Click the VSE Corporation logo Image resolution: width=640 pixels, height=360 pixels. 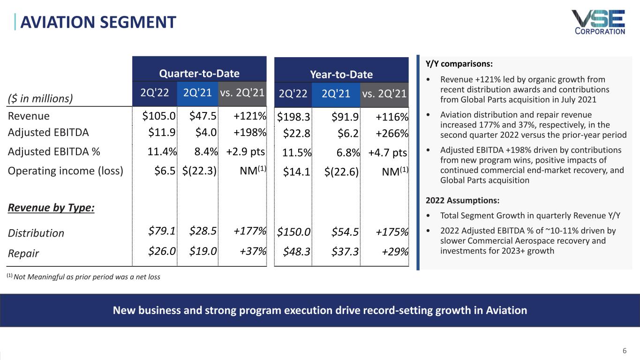(x=598, y=22)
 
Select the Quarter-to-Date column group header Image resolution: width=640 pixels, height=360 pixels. (x=200, y=74)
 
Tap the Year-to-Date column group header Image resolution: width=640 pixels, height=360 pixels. (x=341, y=74)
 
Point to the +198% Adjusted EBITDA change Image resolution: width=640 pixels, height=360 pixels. (x=250, y=132)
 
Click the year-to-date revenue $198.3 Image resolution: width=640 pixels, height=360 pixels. (x=294, y=116)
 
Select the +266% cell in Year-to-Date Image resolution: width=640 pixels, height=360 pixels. (x=391, y=133)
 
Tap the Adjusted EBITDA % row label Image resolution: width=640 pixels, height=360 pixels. (x=54, y=151)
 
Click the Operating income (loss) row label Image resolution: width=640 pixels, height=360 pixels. (x=66, y=170)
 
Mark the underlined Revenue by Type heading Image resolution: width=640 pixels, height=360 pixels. (x=52, y=208)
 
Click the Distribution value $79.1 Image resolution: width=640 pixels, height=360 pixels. (x=162, y=231)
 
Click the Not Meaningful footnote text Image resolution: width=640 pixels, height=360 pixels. (x=84, y=277)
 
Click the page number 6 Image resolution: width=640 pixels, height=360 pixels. (x=624, y=350)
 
